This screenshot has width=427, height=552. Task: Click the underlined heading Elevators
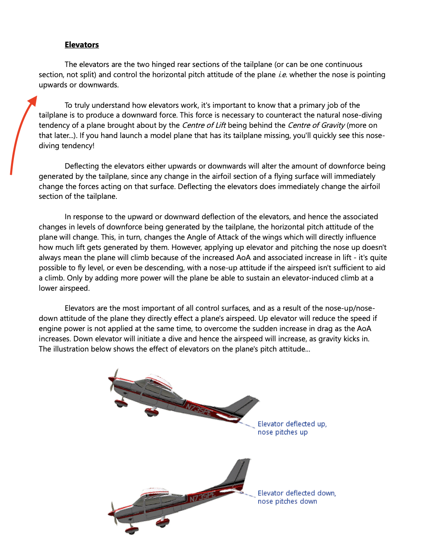pyautogui.click(x=82, y=45)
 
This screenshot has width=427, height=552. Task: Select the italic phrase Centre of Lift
pyautogui.click(x=204, y=125)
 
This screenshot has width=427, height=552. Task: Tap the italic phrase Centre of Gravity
pyautogui.click(x=316, y=125)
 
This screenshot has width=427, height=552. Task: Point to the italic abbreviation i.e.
pyautogui.click(x=282, y=75)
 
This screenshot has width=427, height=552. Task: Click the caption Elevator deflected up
pyautogui.click(x=292, y=424)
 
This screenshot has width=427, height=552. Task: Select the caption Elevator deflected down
pyautogui.click(x=296, y=493)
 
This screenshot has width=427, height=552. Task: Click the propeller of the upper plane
pyautogui.click(x=113, y=380)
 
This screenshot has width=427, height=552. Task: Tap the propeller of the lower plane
pyautogui.click(x=113, y=513)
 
